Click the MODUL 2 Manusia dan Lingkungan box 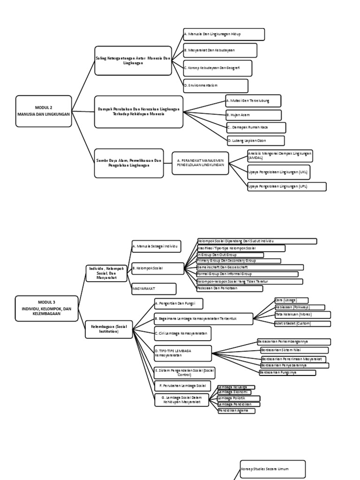pos(44,111)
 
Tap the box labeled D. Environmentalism pos(215,86)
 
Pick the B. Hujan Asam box pos(254,115)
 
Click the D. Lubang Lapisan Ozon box pos(255,140)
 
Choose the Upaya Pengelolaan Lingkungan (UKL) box pos(278,172)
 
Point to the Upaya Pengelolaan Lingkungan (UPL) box pos(286,187)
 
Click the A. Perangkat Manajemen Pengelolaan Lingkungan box pos(200,162)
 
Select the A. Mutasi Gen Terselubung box pos(253,101)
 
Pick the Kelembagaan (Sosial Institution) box pos(109,329)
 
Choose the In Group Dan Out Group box pos(230,255)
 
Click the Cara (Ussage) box pos(292,300)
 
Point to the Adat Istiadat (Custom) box pos(302,323)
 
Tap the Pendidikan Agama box pos(236,411)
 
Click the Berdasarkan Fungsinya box pos(287,373)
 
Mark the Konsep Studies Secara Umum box pos(272,469)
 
